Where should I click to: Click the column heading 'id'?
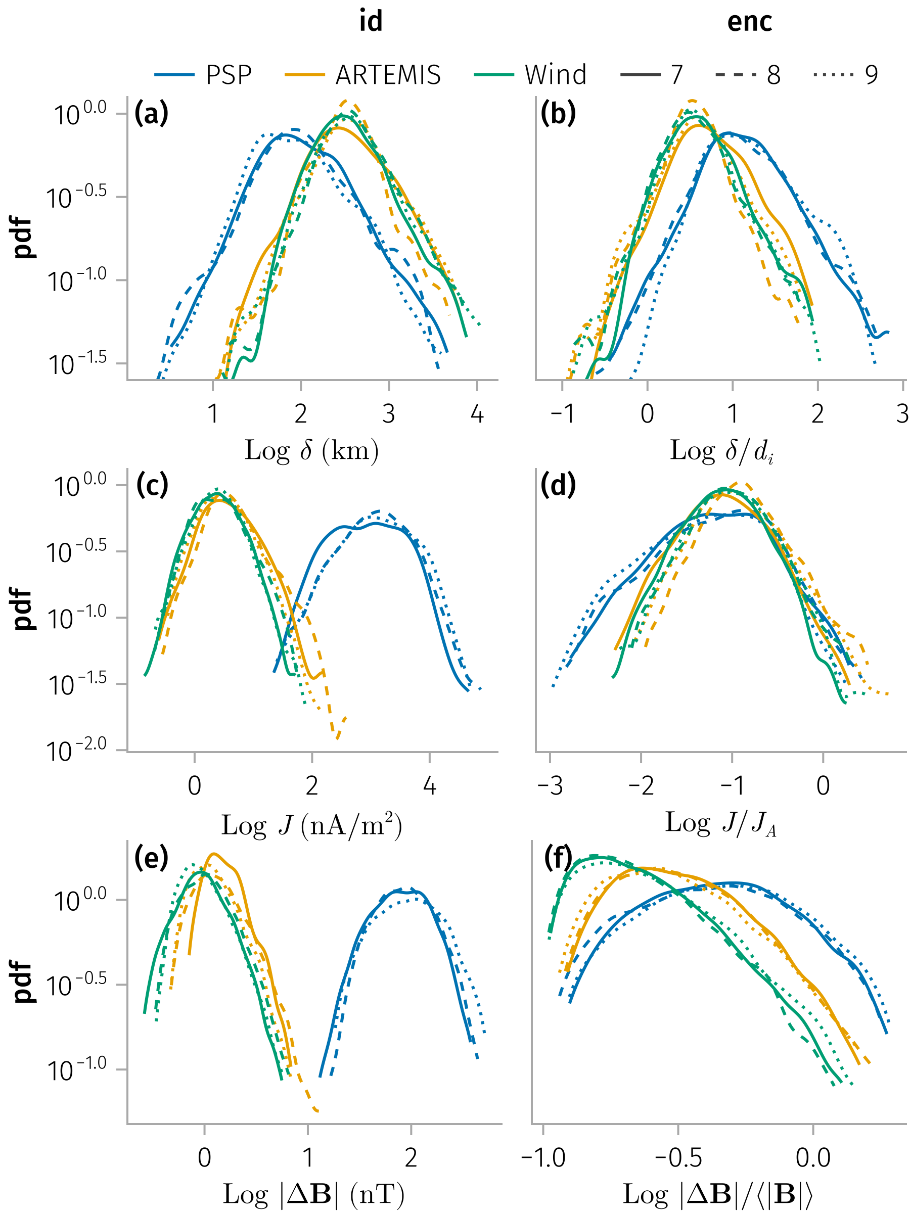[x=371, y=22]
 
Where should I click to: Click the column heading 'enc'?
[x=749, y=22]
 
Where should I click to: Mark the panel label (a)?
[x=151, y=114]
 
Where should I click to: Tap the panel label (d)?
[x=558, y=485]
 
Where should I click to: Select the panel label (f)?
[x=558, y=857]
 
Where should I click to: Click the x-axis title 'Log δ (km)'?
[x=311, y=451]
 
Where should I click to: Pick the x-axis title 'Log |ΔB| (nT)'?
[x=313, y=1194]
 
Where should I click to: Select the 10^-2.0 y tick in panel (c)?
[x=76, y=751]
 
